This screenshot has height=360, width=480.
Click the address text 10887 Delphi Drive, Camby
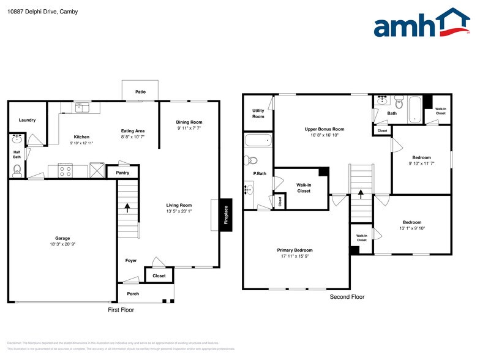tap(35, 12)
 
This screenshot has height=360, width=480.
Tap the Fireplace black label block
tap(226, 215)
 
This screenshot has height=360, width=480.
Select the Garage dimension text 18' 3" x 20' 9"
tap(62, 244)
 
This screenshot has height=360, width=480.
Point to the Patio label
tap(141, 92)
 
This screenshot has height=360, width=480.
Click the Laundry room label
tap(27, 120)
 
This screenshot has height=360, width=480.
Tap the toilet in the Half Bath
tap(17, 170)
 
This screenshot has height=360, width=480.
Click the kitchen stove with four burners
tap(66, 170)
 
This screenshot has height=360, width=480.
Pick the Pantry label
tap(122, 173)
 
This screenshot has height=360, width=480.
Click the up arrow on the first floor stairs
tap(127, 208)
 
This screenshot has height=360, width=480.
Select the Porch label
tap(133, 294)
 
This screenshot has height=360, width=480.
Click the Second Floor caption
tap(347, 297)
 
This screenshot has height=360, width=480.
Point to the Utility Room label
tap(258, 113)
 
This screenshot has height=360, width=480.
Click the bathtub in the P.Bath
tap(257, 140)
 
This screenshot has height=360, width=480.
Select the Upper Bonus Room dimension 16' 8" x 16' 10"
tap(324, 136)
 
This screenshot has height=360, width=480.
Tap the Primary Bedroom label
tap(295, 250)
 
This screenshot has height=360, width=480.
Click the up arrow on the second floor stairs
tap(361, 195)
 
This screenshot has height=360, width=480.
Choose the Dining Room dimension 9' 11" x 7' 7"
tap(189, 129)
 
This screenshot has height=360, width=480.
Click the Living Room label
tap(179, 205)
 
